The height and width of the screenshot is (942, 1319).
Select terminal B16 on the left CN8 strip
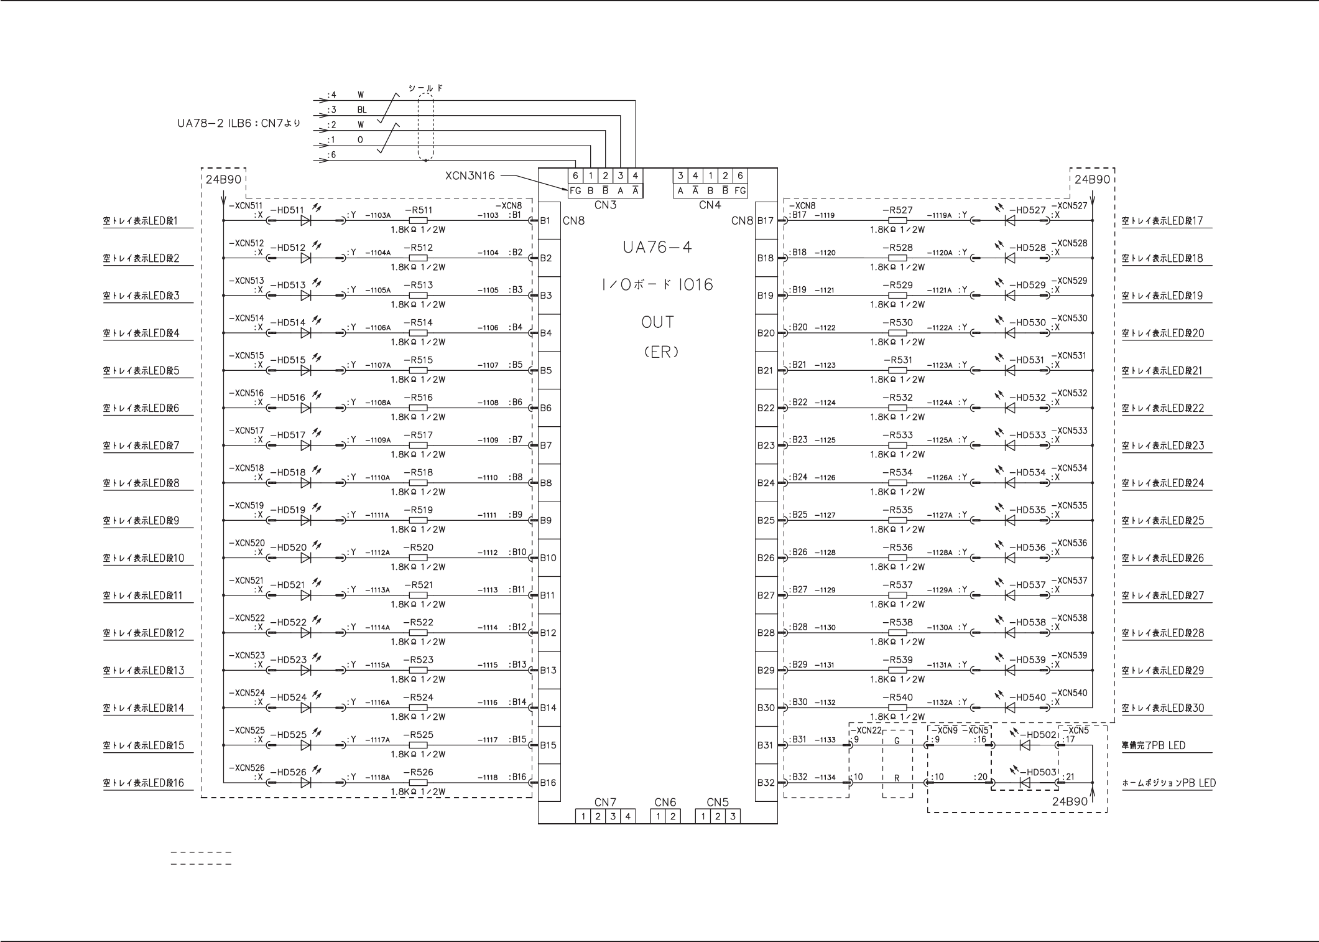click(548, 783)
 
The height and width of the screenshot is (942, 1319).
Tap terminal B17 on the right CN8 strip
click(766, 220)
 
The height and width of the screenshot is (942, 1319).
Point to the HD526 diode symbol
click(305, 783)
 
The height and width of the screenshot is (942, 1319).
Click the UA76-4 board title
click(657, 248)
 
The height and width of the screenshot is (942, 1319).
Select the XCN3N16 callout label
click(470, 176)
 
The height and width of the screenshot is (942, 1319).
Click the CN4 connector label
click(710, 205)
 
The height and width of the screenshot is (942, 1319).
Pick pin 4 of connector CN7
click(628, 816)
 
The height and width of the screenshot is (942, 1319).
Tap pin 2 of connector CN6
click(673, 816)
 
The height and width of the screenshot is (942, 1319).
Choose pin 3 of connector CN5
click(733, 816)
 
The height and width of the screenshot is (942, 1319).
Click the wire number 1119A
click(940, 215)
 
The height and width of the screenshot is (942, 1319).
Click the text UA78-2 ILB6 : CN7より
click(239, 123)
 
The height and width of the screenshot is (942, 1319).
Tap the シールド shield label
click(425, 88)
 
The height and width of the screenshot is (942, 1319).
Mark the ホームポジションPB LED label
click(1169, 783)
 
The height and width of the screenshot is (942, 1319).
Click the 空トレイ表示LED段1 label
click(141, 221)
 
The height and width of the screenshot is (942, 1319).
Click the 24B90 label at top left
click(223, 180)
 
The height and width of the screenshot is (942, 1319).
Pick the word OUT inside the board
click(657, 322)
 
